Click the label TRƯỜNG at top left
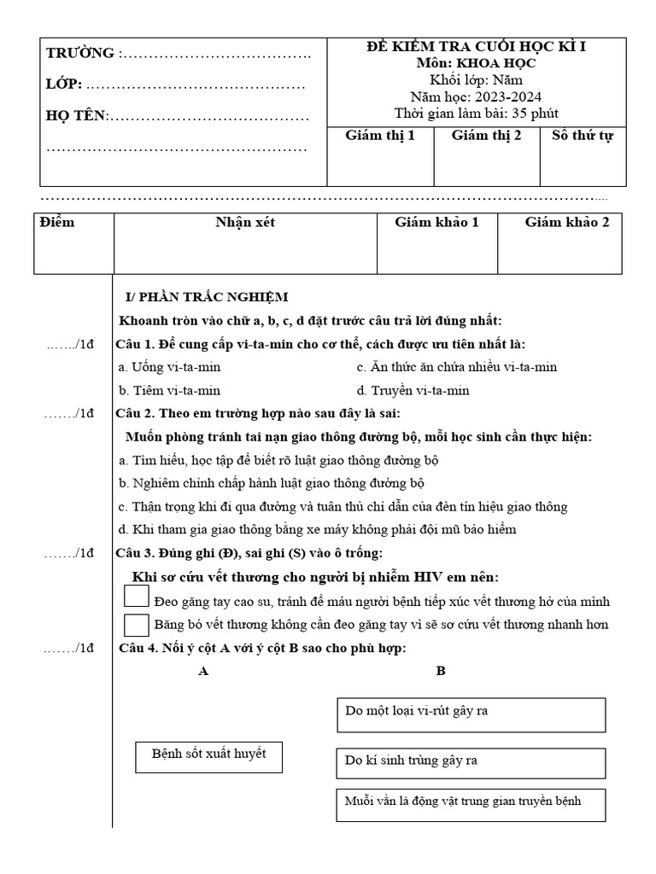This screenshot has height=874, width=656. [x=80, y=54]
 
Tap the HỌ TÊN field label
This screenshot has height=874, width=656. [x=75, y=116]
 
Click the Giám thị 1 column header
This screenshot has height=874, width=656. [x=380, y=136]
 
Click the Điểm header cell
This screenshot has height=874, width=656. [x=57, y=223]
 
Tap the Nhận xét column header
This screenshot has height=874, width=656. [x=245, y=223]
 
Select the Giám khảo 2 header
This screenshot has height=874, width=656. [x=567, y=223]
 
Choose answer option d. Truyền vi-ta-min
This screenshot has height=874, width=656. [x=413, y=391]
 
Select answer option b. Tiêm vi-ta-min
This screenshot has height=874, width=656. [x=170, y=391]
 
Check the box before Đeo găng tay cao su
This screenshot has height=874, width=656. [x=137, y=597]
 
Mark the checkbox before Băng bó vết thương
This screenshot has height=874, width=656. [x=137, y=624]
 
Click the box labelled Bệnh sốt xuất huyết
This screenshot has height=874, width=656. [x=209, y=755]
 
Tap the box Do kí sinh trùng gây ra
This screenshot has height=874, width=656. [x=471, y=760]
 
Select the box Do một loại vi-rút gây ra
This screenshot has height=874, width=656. [x=471, y=714]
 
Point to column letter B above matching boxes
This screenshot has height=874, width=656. [x=441, y=671]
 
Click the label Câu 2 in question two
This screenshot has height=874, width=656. [x=132, y=414]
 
